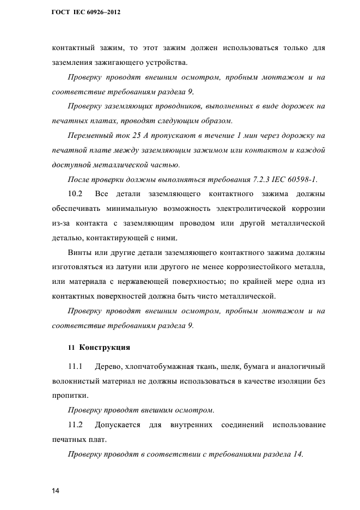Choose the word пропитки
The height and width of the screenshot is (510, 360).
click(69, 395)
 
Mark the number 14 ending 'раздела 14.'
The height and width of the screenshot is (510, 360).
click(296, 455)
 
